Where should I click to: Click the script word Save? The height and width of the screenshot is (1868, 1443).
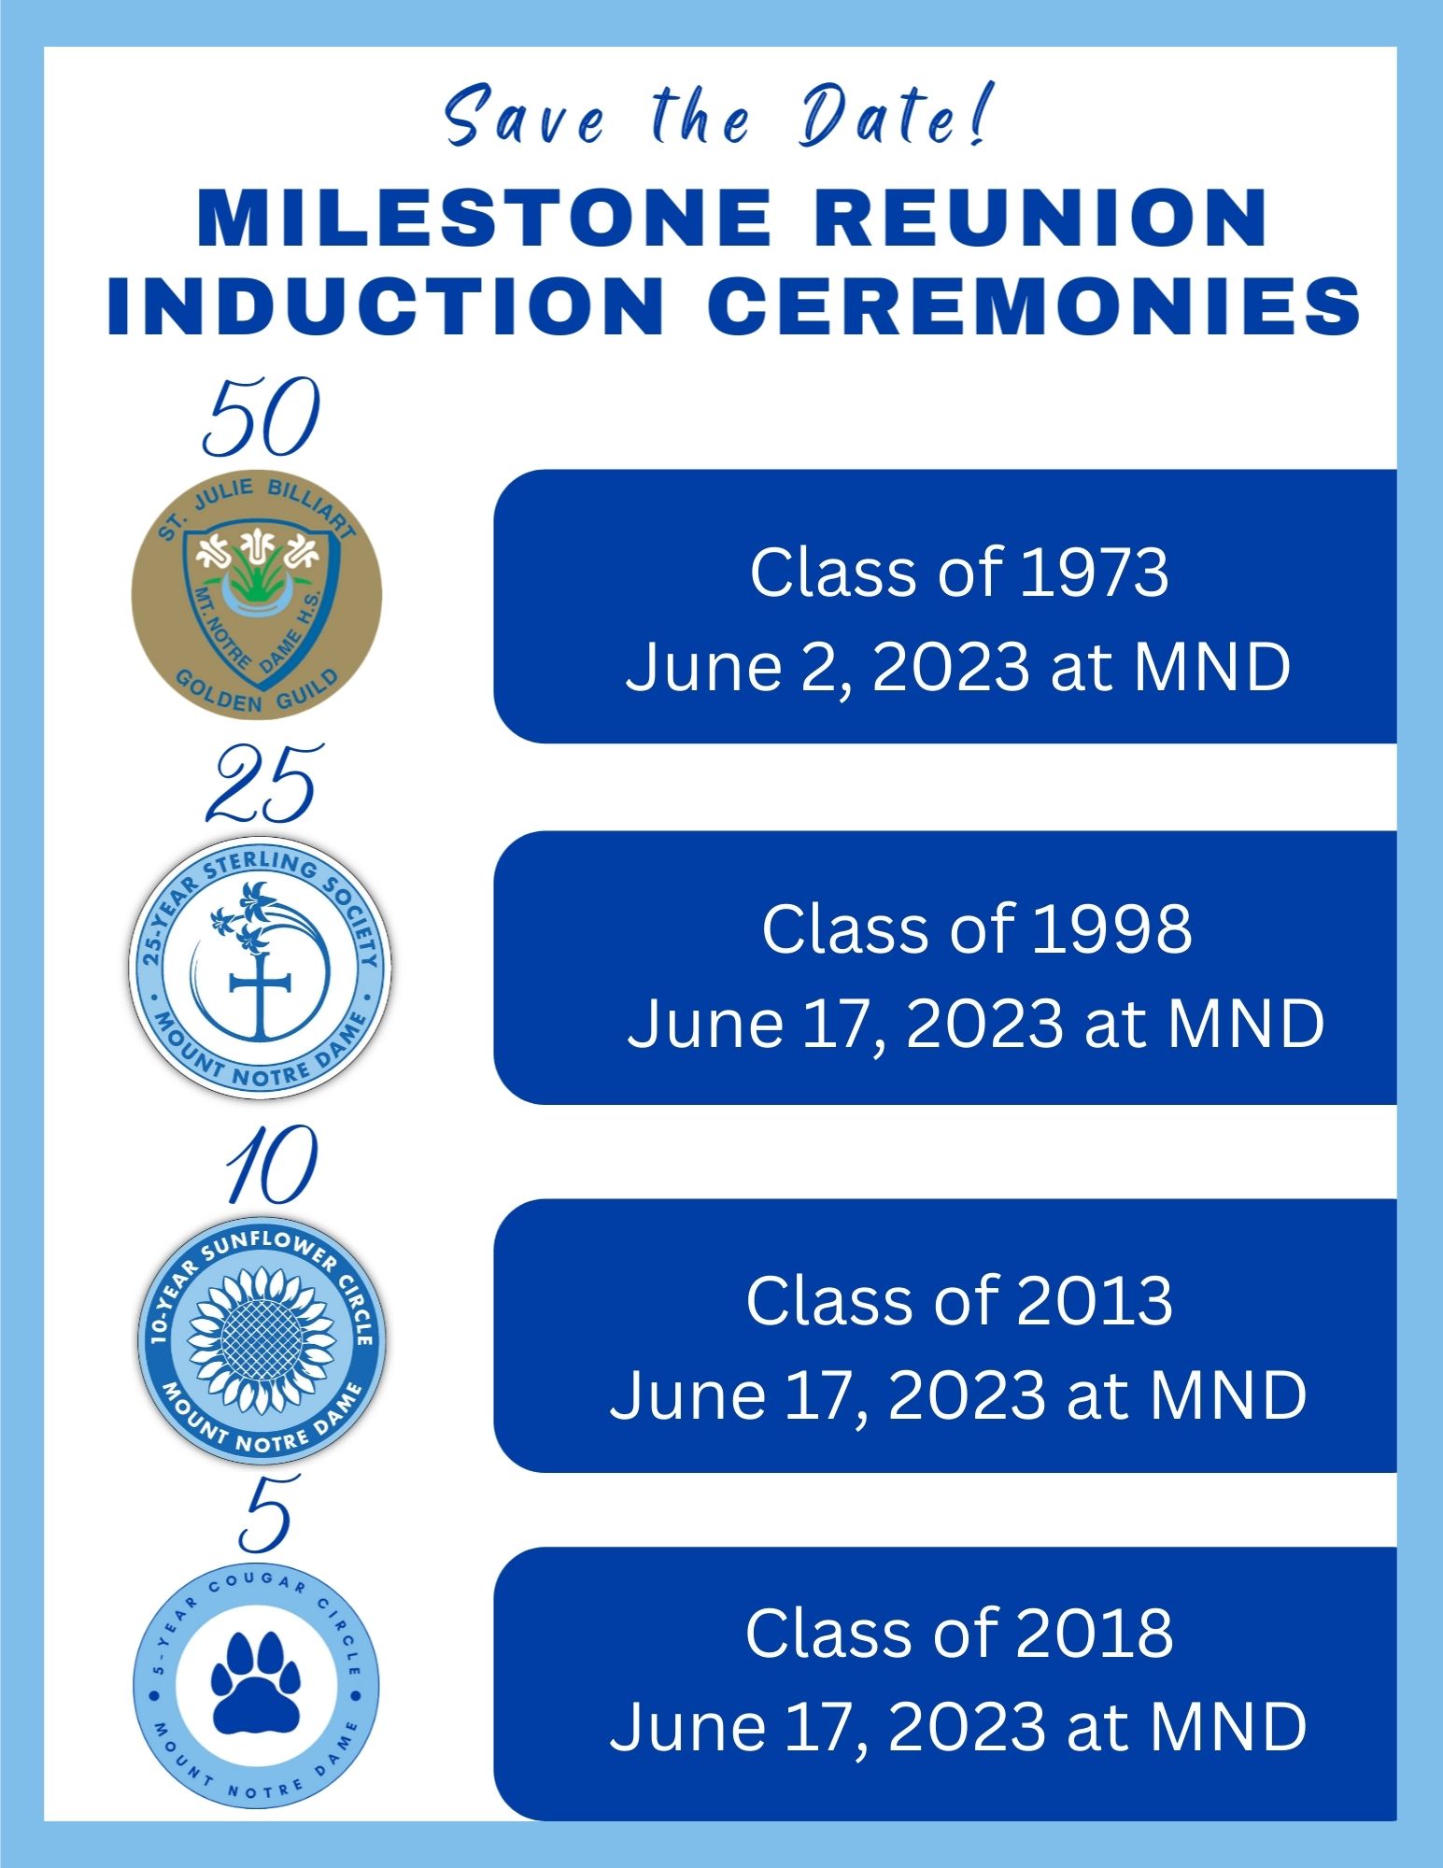(x=524, y=118)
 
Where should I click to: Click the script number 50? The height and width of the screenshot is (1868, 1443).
(x=262, y=419)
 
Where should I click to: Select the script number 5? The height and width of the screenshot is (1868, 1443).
(x=264, y=1514)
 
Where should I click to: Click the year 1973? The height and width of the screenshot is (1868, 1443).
(x=1094, y=573)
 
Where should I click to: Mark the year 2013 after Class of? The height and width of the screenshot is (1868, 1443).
(x=1094, y=1300)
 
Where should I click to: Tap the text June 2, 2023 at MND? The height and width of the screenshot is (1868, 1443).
(x=957, y=667)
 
